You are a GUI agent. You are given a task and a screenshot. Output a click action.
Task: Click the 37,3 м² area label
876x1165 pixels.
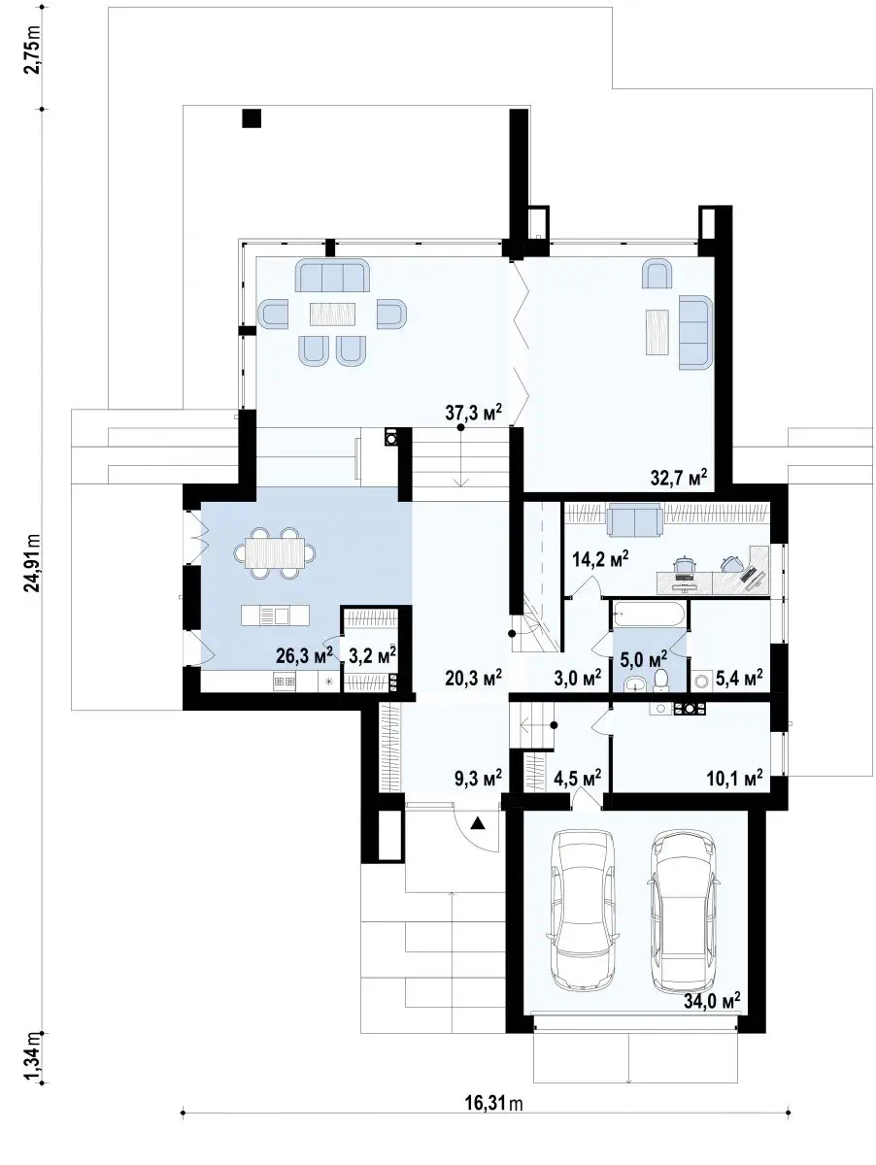(x=474, y=412)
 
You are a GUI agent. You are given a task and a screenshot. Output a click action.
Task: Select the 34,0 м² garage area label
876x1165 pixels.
(x=712, y=1001)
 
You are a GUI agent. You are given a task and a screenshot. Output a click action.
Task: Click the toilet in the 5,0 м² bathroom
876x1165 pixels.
(x=661, y=681)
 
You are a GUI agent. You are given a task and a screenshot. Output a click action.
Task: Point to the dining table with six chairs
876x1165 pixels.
(x=275, y=553)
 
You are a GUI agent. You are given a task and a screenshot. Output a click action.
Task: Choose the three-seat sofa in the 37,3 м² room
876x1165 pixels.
(x=332, y=275)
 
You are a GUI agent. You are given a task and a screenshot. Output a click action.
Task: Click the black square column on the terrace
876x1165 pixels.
(x=252, y=118)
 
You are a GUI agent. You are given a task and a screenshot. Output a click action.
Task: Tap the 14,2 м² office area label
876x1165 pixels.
(x=600, y=559)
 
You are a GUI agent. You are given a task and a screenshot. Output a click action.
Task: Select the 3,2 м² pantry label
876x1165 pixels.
(x=373, y=656)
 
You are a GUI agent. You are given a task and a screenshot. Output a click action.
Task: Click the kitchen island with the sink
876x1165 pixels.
(x=275, y=616)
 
